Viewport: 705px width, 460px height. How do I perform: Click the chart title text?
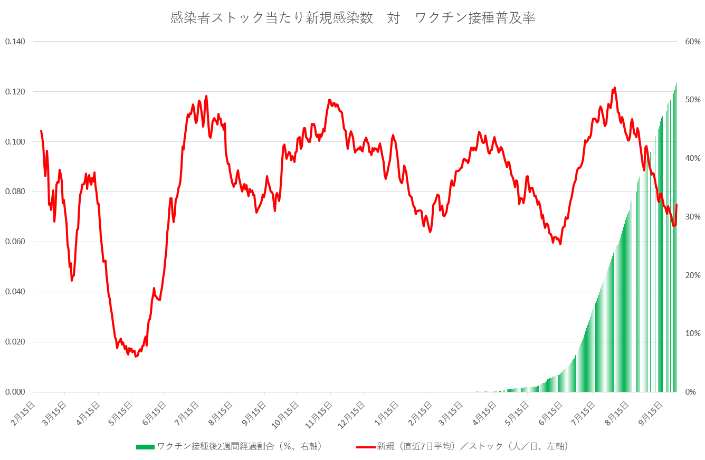352,18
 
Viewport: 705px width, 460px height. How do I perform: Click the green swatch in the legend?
145,447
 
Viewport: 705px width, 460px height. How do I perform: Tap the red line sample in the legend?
365,447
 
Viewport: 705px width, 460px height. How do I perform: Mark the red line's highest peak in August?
615,88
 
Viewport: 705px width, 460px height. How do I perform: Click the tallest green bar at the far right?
677,237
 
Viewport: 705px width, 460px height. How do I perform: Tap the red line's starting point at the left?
41,131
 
